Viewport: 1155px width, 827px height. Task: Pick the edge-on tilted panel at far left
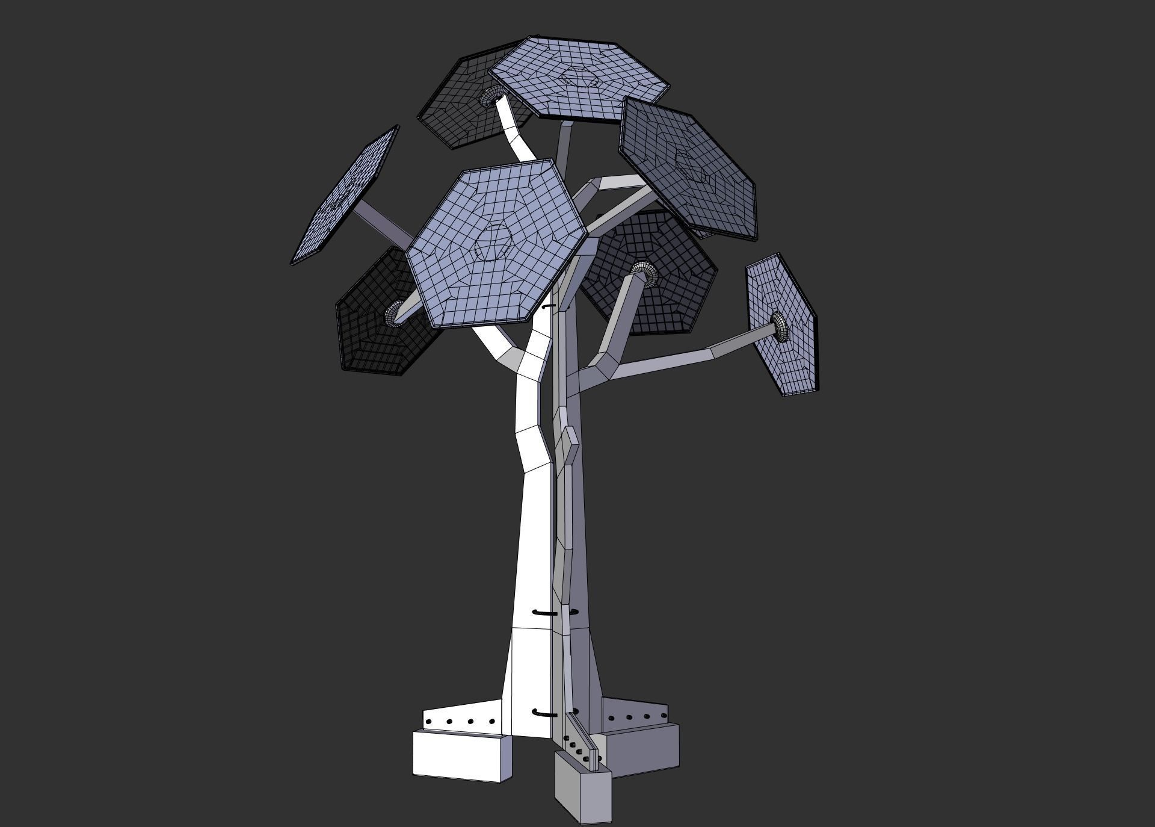346,196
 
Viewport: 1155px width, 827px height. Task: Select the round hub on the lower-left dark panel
394,313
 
